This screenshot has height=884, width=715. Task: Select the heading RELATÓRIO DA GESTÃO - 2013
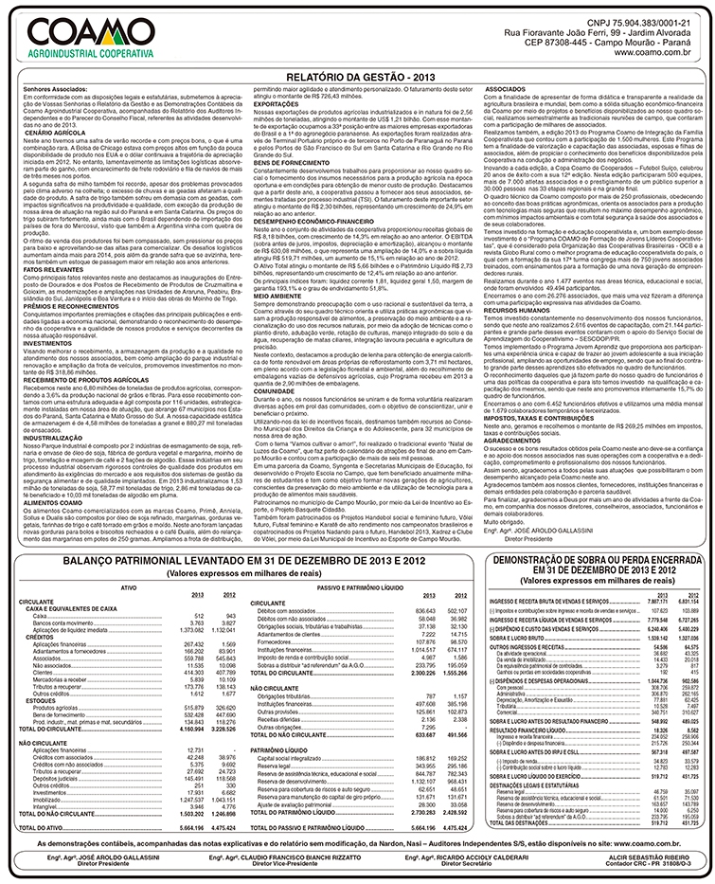click(357, 74)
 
